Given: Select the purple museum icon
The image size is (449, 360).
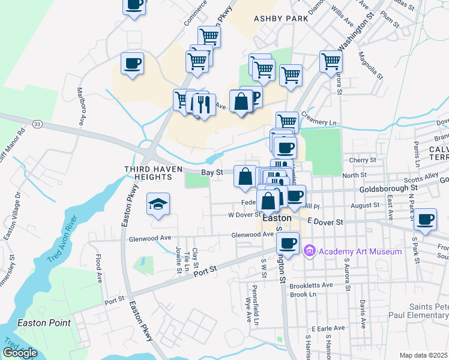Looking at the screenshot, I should click(x=310, y=250).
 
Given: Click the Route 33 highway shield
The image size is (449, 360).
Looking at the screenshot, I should click(x=38, y=124).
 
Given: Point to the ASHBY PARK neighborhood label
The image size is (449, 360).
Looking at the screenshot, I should click(x=281, y=19).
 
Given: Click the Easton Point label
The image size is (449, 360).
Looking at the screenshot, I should click(x=44, y=323).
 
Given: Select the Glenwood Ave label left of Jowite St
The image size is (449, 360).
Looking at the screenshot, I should click(x=150, y=238).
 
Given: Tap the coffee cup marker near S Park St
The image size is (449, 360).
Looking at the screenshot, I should click(x=426, y=218).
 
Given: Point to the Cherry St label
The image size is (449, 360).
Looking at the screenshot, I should click(x=362, y=160).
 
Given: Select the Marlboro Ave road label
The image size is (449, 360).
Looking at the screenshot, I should click(x=80, y=106).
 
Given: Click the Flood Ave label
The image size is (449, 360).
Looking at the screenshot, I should click(x=98, y=269).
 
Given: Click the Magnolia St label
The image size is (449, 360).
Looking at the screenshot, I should click(x=370, y=66).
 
